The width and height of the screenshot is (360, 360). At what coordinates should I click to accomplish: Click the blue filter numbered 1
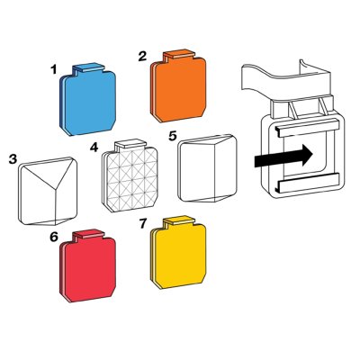coord(90,99)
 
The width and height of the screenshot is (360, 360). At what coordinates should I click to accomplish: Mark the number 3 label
coord(12,159)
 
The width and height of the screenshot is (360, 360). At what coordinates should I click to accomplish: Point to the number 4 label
coord(94,146)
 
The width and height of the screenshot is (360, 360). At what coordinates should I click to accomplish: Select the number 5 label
coord(172,135)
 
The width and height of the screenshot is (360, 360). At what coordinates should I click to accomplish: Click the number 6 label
coord(54,237)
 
